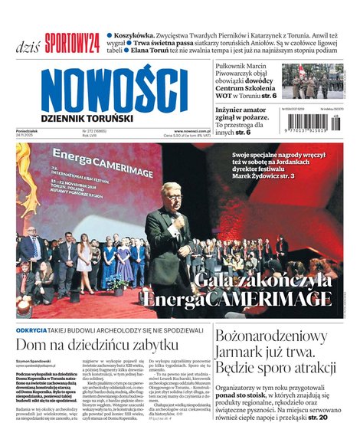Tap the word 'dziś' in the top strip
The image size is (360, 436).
pyautogui.click(x=28, y=45)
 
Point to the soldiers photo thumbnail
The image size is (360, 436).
pyautogui.click(x=313, y=80)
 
